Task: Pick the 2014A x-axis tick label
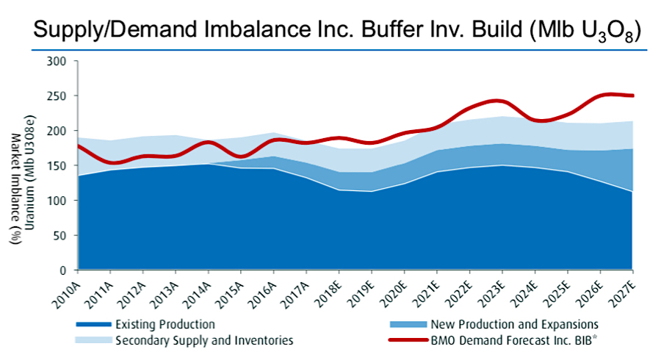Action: coord(202,288)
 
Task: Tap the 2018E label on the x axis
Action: coord(332,288)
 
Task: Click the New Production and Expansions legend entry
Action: coord(514,324)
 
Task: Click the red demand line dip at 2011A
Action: coord(112,163)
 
